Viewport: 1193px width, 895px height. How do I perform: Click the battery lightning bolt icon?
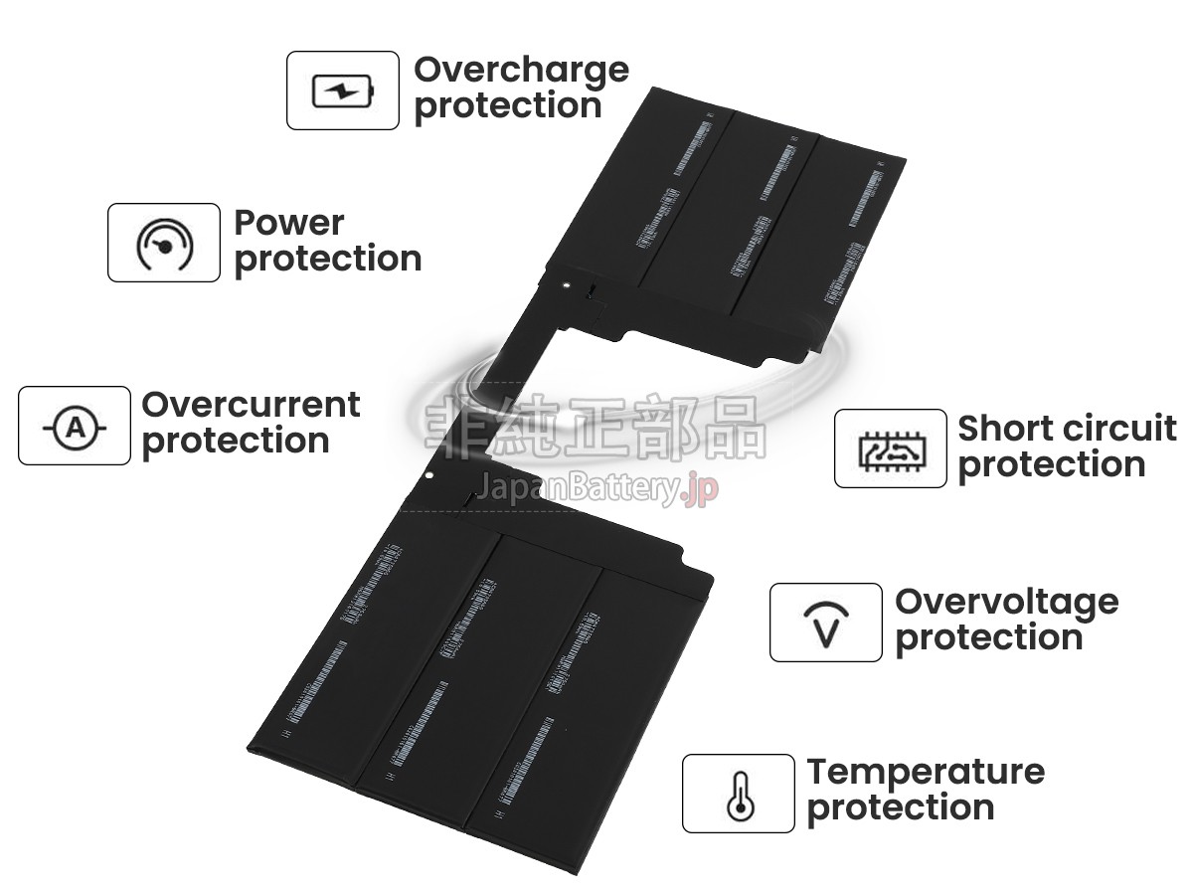[343, 91]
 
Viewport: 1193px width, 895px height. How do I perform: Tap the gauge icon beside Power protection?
[164, 243]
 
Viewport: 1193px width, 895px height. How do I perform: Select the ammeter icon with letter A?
[75, 427]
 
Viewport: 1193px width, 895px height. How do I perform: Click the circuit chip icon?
[890, 449]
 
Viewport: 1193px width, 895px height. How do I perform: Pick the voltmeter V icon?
[825, 624]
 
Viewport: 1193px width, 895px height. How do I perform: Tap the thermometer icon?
[738, 794]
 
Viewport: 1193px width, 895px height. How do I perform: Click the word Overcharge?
[521, 70]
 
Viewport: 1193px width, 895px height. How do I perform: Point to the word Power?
[288, 223]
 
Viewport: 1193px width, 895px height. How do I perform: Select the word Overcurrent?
[251, 405]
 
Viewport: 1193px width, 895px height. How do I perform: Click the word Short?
[1003, 429]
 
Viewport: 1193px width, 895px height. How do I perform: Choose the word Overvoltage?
[1006, 602]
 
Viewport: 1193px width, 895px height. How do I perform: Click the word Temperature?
[926, 772]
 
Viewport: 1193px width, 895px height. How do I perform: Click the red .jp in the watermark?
[702, 489]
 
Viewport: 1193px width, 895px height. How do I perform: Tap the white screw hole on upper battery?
[566, 281]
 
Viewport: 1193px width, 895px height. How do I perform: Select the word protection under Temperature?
[900, 807]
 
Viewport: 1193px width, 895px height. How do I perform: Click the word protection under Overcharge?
[507, 105]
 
